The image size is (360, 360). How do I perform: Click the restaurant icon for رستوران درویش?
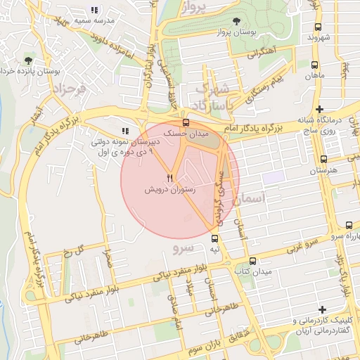[x=169, y=178]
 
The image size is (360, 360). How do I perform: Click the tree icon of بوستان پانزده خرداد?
[x=27, y=60]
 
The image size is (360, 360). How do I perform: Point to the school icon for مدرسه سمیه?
[x=94, y=10]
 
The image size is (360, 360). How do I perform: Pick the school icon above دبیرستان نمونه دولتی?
[x=125, y=131]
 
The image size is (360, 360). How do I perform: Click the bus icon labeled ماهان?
[x=314, y=64]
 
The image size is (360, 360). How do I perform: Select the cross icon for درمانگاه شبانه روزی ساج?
[x=320, y=109]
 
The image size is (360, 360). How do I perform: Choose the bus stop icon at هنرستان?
[x=323, y=160]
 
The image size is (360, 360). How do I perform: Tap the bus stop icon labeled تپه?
[x=215, y=238]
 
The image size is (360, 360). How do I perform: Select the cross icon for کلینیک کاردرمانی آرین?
[x=322, y=309]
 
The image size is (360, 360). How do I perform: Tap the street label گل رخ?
[x=73, y=250]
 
